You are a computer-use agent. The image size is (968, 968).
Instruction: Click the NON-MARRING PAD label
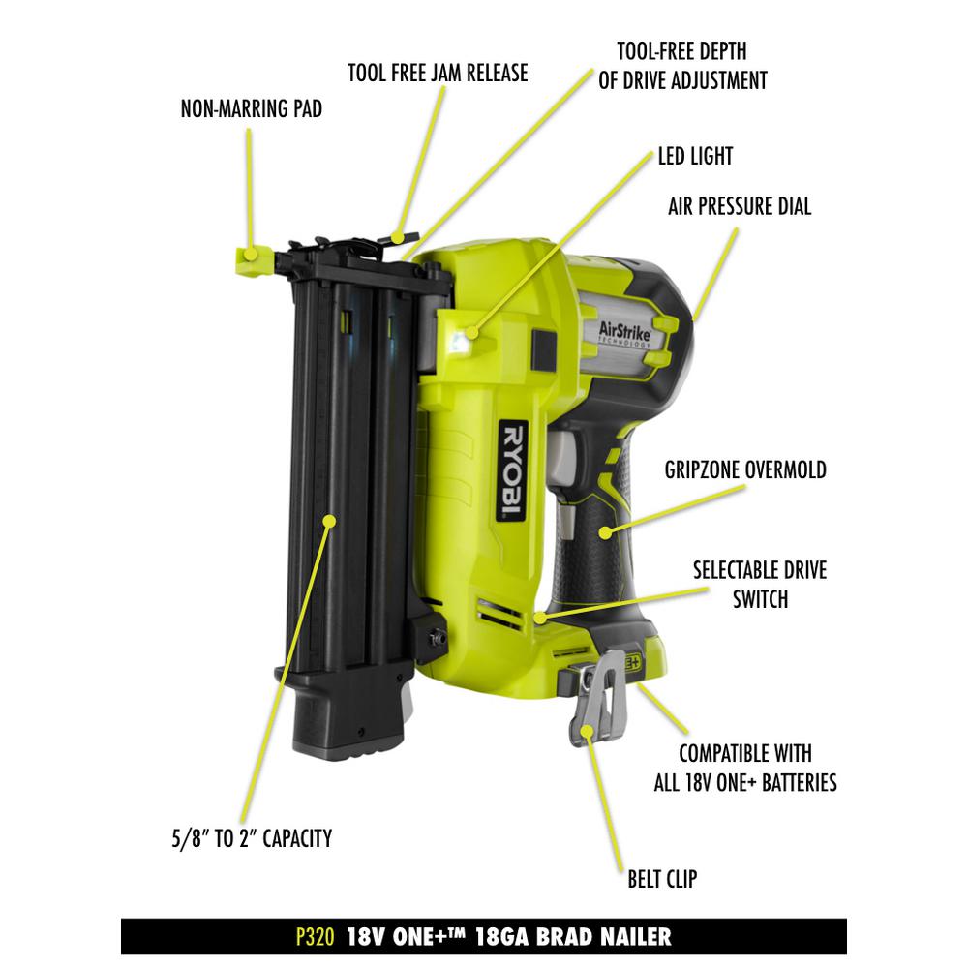click(x=251, y=109)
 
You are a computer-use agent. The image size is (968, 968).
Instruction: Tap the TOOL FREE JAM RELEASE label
click(x=438, y=73)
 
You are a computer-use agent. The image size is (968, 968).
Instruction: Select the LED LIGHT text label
click(x=695, y=155)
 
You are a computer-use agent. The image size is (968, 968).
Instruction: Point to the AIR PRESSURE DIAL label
click(x=740, y=206)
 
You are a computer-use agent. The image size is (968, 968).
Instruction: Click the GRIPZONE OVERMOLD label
click(x=745, y=470)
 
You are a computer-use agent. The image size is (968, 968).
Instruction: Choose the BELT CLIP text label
click(x=662, y=880)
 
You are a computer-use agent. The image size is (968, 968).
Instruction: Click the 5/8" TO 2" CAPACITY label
click(x=247, y=838)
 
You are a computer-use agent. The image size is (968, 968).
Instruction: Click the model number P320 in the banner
click(x=315, y=937)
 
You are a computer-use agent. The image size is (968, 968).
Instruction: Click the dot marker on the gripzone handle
click(x=607, y=530)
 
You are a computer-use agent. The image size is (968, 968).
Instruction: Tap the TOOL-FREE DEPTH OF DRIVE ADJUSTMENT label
click(x=682, y=65)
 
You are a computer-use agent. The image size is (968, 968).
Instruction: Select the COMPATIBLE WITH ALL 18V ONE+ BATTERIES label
click(x=744, y=768)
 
